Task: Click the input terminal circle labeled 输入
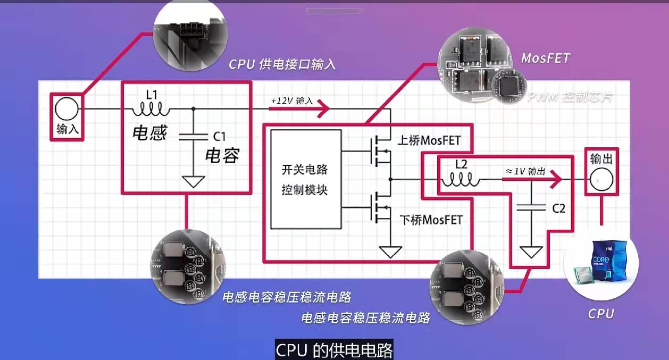66,110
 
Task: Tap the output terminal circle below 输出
600,180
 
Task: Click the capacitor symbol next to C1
193,137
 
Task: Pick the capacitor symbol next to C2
530,207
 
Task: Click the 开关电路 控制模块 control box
305,179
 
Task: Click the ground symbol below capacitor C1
193,181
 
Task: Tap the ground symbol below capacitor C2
530,252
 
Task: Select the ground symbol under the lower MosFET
391,252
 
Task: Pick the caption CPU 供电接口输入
282,64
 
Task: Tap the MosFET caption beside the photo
546,57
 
